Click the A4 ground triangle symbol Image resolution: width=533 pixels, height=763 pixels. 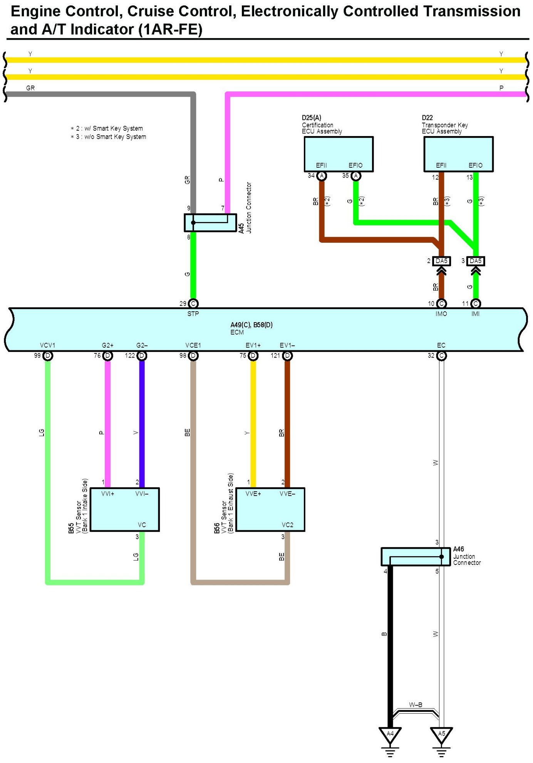coord(390,734)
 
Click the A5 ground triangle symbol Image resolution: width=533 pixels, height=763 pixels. coord(441,734)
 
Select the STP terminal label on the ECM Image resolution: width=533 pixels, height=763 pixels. coord(193,314)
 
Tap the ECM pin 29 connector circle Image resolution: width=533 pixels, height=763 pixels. coord(193,304)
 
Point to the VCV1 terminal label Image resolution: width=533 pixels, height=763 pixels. coord(47,345)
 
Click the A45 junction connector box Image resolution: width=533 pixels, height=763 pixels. coord(210,223)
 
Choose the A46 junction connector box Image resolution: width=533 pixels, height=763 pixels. coord(416,557)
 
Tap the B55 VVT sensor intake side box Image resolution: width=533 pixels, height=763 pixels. coord(124,509)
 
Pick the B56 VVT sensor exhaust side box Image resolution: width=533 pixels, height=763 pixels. coord(270,509)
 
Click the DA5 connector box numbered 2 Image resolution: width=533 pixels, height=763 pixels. coord(441,261)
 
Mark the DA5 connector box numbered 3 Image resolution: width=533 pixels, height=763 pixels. coord(476,261)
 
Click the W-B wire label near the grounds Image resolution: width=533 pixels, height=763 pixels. coord(416,705)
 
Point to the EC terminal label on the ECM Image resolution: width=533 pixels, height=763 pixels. coord(441,345)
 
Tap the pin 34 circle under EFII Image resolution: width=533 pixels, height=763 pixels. coord(322,176)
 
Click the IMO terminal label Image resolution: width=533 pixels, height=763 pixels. coord(441,314)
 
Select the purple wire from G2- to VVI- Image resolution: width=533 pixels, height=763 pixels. coord(142,424)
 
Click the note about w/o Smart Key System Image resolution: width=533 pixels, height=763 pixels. coord(109,137)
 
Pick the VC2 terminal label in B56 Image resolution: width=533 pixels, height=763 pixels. coord(287,525)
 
